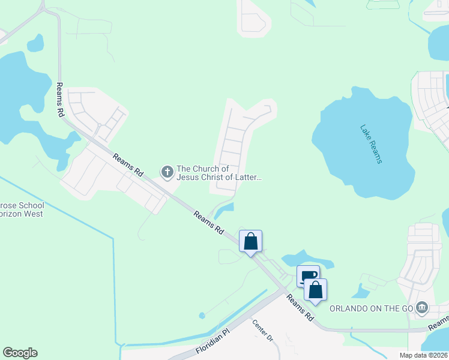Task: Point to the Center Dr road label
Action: pos(263,331)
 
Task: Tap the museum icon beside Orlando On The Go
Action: pos(422,308)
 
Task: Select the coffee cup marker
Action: pos(308,275)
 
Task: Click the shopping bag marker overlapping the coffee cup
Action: pos(316,290)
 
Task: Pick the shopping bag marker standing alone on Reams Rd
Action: pos(251,241)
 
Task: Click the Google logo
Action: pos(20,353)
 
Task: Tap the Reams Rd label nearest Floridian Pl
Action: pos(300,307)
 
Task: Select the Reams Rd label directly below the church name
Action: pos(209,222)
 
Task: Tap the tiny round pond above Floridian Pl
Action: pos(202,315)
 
